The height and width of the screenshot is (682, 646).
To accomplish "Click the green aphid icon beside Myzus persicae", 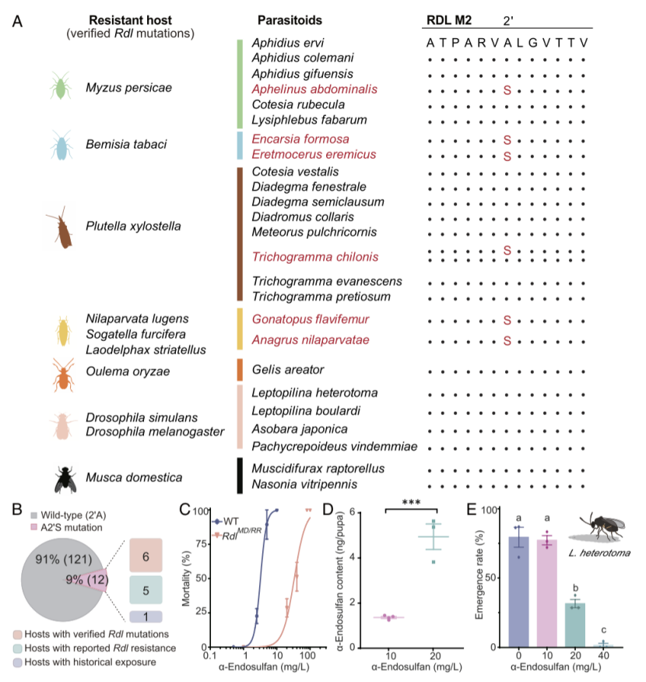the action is point(60,86).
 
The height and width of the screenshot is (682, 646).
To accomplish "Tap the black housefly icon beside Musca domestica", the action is point(65,480).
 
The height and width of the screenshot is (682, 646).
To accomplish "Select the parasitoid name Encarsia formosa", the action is point(300,139).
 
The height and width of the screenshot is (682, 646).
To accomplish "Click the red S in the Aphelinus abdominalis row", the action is point(507,90).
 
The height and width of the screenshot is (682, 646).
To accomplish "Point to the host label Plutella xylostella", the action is point(133,227).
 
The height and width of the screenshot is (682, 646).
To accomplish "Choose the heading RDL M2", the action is point(448,20).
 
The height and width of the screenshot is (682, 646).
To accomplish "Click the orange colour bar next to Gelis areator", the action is point(240,370).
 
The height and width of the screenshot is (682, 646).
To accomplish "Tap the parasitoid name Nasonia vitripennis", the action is point(304,484).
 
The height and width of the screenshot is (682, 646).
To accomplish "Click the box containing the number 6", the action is point(146,555).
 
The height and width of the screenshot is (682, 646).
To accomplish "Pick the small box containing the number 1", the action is point(146,617).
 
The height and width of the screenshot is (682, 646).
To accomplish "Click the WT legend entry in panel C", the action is point(225,521).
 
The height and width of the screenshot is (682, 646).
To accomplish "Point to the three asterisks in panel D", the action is point(411,502).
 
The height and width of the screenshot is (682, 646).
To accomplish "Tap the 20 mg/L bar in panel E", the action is point(575,625).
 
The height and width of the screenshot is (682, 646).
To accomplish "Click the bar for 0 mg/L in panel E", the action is point(518,592).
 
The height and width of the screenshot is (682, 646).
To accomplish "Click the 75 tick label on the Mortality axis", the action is point(201,543).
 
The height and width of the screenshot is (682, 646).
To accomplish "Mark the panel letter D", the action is point(328,509).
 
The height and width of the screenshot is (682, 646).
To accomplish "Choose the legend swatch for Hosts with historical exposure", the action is point(17,663).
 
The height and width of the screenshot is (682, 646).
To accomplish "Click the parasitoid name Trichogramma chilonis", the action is point(315,257).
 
